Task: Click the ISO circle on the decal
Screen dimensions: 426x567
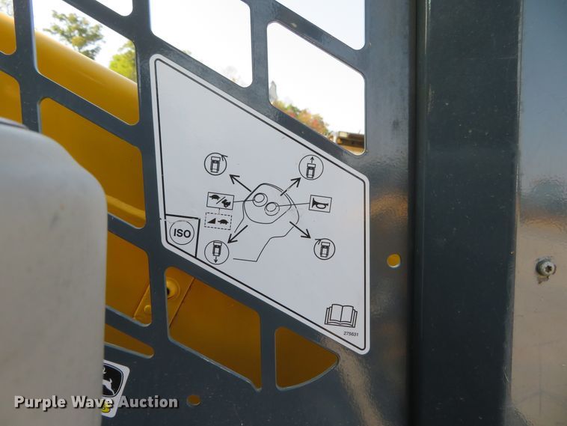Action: [182, 233]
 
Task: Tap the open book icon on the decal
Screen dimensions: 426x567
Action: [340, 315]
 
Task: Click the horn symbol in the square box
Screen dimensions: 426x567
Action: [320, 203]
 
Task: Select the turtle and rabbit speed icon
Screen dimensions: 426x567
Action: [220, 201]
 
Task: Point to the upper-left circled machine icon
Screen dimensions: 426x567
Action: [215, 164]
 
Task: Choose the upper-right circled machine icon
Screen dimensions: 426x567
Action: [310, 168]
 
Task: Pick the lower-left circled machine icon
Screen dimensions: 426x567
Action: [217, 252]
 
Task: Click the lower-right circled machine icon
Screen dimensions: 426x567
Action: [324, 249]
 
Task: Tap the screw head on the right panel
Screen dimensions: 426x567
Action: [546, 267]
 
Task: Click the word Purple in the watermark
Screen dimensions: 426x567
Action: [38, 403]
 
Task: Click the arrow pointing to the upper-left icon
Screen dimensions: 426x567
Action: [239, 183]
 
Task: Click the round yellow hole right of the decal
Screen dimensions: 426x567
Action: [393, 261]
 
